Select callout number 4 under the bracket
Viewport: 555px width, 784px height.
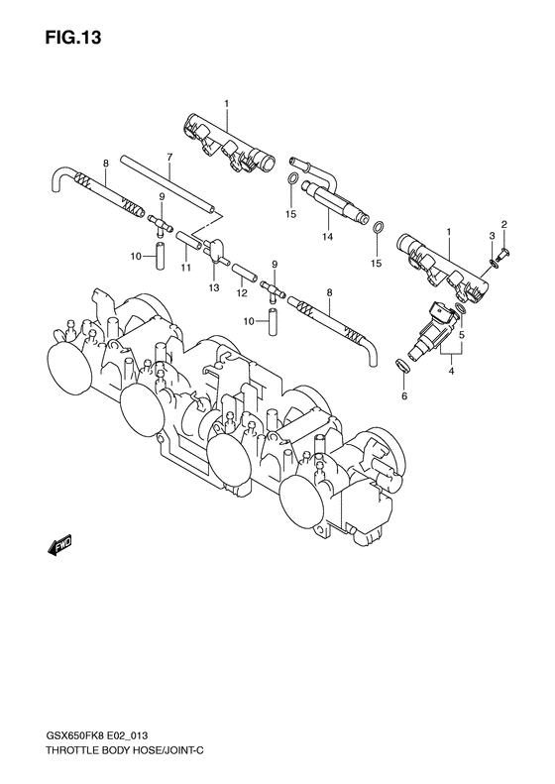pyautogui.click(x=451, y=371)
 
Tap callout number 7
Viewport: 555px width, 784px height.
pyautogui.click(x=169, y=158)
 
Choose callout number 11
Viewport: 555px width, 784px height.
pyautogui.click(x=184, y=268)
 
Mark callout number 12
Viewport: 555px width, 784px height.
pyautogui.click(x=240, y=293)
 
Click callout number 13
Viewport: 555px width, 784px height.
pyautogui.click(x=212, y=286)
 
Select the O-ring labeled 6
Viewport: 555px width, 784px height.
pyautogui.click(x=401, y=370)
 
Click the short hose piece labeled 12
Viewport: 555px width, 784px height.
pyautogui.click(x=243, y=270)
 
